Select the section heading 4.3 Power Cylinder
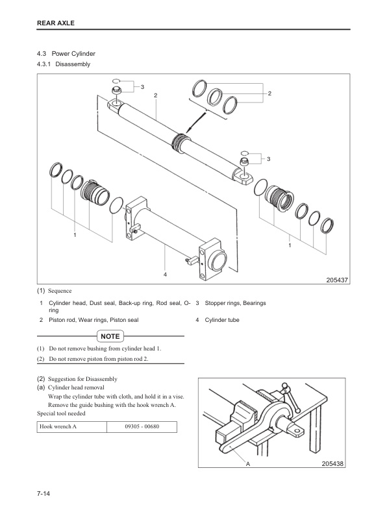click(x=67, y=53)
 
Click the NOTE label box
click(x=110, y=336)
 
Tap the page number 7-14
click(x=44, y=494)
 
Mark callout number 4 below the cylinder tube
click(x=166, y=275)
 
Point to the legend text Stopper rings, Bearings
click(x=235, y=303)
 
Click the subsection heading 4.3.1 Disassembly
click(x=64, y=65)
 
